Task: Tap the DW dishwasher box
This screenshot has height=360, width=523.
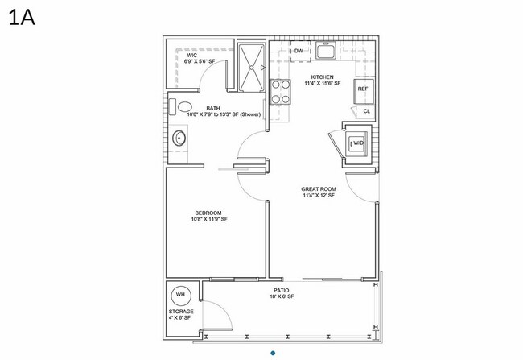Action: (298, 52)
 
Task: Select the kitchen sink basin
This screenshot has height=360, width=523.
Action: (326, 53)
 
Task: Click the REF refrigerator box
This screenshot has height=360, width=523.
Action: (363, 89)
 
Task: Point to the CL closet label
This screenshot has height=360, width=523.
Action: (366, 111)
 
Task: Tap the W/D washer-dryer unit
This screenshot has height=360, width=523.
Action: (358, 143)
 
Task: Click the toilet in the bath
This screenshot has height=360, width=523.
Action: (185, 106)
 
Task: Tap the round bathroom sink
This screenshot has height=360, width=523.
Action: (179, 138)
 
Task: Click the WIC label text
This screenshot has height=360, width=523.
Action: (191, 55)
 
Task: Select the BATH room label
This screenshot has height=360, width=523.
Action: (213, 108)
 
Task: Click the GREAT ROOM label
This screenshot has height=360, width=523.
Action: (318, 189)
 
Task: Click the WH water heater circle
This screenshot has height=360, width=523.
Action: (180, 293)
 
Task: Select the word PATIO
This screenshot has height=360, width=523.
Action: (281, 290)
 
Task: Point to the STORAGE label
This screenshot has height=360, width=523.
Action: (181, 311)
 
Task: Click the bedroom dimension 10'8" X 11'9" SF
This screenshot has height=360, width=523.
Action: (209, 219)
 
